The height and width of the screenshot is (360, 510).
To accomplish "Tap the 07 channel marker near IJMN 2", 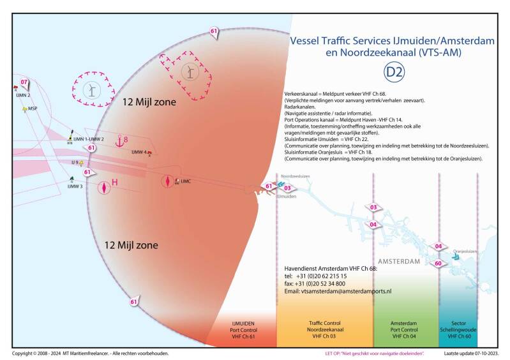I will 24,82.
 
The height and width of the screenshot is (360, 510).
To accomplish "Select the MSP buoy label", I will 33,109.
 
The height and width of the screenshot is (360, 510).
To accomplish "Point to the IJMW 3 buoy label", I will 75,186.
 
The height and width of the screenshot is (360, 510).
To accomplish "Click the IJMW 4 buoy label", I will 139,152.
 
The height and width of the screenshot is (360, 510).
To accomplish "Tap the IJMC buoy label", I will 186,182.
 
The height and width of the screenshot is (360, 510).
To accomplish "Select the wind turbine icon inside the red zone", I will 189,71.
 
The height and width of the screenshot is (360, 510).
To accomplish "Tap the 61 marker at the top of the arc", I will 214,31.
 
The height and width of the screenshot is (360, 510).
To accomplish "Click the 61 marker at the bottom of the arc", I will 134,301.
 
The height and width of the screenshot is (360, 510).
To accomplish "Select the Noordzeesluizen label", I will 294,176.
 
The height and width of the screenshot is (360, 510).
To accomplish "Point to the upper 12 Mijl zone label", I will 149,101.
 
